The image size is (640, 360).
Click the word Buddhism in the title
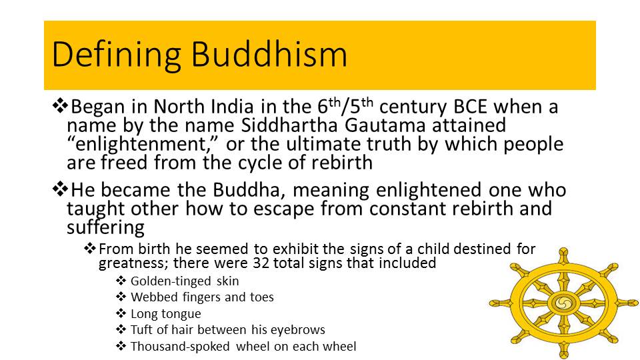coord(269,54)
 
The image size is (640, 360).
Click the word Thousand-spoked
coord(180,347)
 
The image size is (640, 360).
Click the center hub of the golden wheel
coord(564,303)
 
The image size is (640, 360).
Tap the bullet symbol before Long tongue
coord(121,313)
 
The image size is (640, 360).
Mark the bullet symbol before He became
coord(60,189)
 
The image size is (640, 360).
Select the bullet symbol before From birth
coord(90,248)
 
